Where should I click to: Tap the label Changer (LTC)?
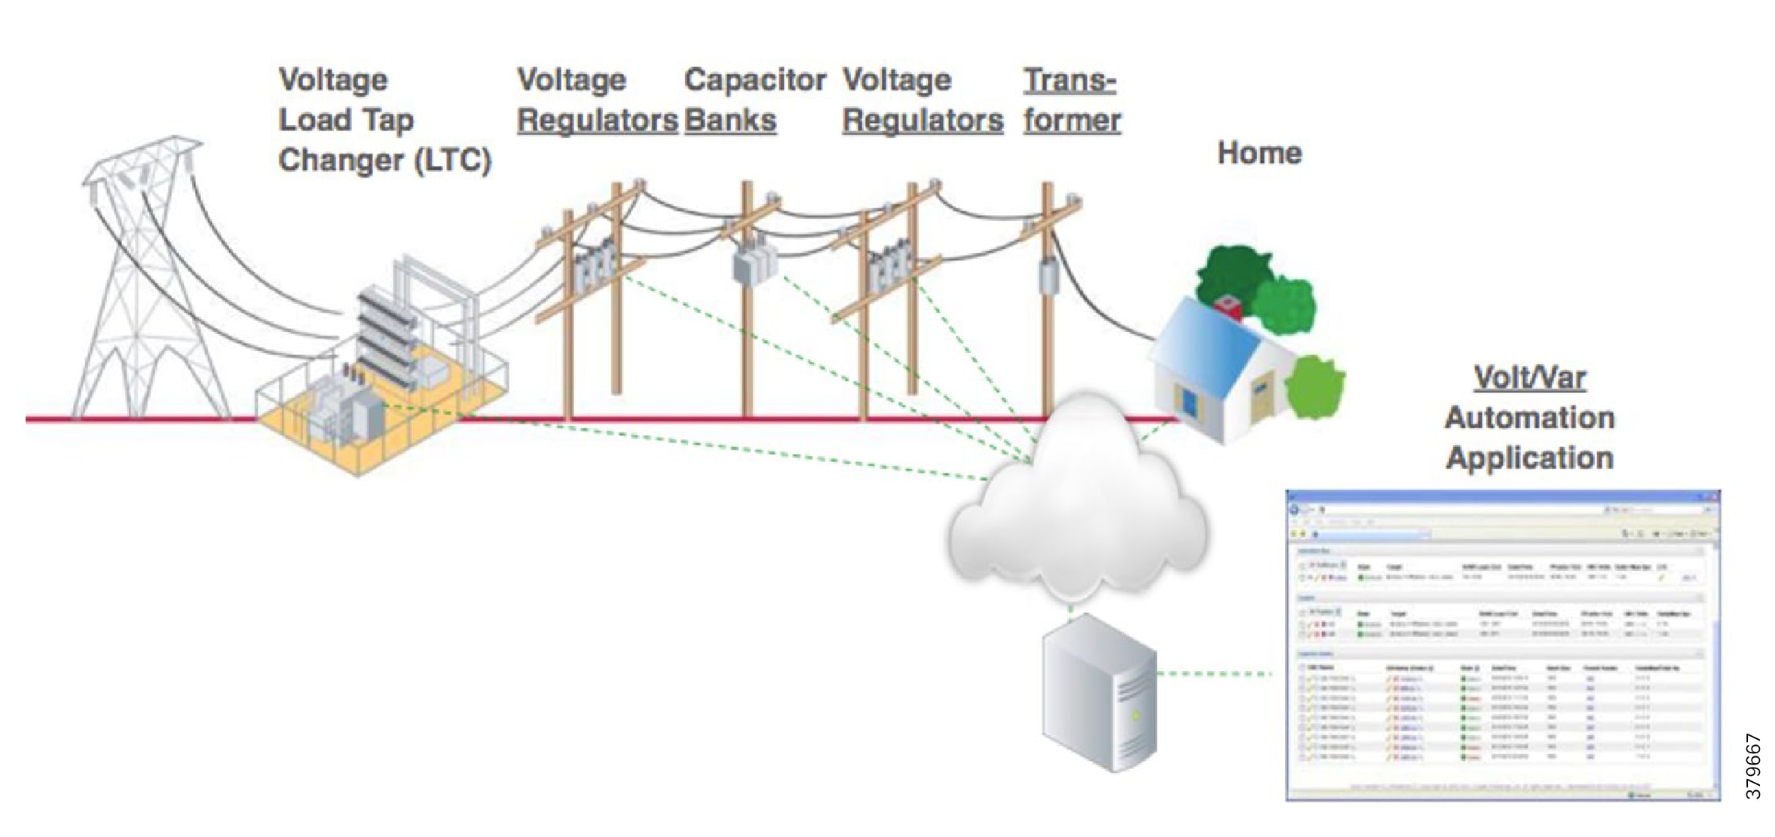point(384,161)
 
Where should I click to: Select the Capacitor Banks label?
point(754,100)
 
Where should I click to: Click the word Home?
point(1259,153)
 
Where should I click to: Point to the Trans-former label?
point(1071,100)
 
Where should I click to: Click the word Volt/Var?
point(1529,378)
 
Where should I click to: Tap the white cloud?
point(1078,513)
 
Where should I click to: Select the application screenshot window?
point(1502,645)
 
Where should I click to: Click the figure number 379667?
point(1753,766)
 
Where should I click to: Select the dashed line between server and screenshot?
point(1213,673)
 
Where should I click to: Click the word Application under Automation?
point(1529,458)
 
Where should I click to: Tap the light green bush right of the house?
point(1315,388)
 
